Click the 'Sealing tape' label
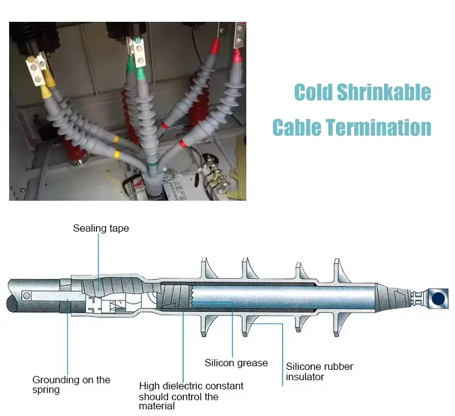tap(101, 229)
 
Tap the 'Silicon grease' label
tap(236, 363)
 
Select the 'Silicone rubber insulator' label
tap(320, 372)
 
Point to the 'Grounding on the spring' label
tap(72, 385)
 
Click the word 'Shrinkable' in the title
tap(384, 92)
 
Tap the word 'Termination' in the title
tap(378, 127)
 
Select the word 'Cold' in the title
tap(313, 92)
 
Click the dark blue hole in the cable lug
tap(438, 298)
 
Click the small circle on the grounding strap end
tap(27, 296)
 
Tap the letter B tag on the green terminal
tap(138, 40)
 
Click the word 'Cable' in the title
tap(297, 127)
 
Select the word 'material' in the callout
tap(157, 406)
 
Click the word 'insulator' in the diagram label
tap(305, 377)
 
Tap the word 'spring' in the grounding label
tap(46, 390)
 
